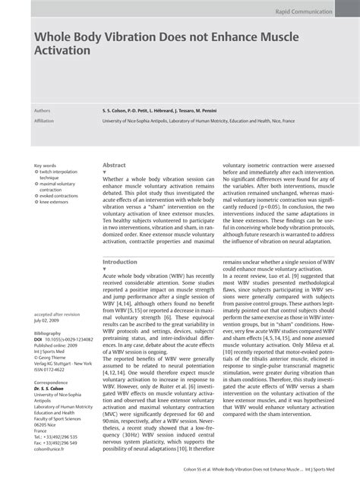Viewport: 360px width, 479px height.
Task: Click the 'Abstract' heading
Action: tap(114, 164)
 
